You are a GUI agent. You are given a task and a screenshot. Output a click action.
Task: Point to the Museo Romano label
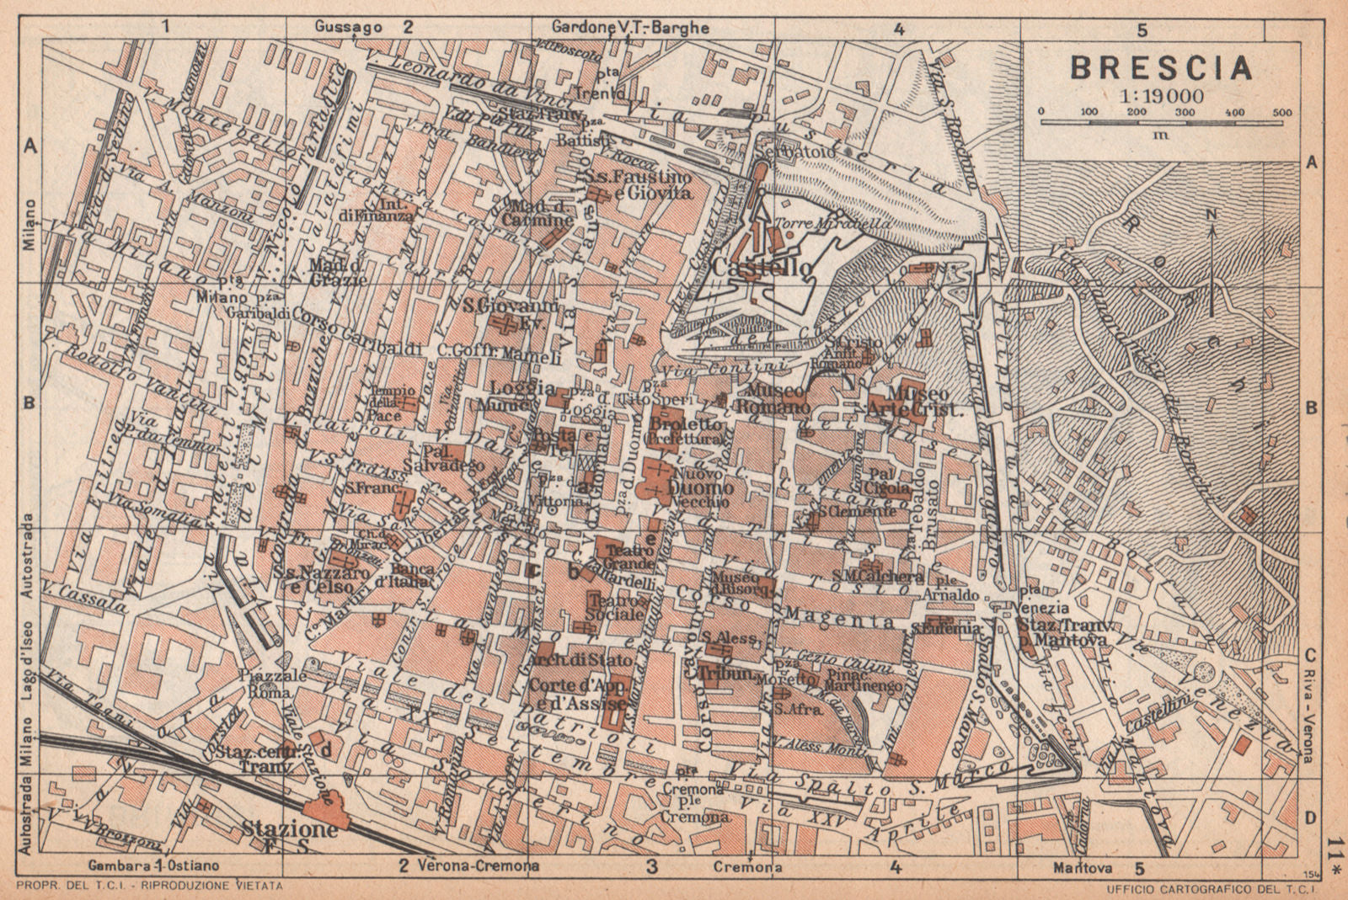[778, 399]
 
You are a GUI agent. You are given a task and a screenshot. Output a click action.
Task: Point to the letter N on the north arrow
[1211, 214]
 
